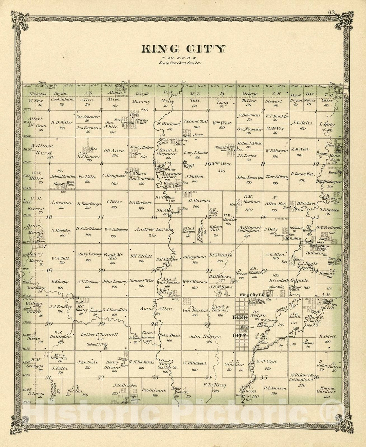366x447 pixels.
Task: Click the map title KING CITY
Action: pyautogui.click(x=183, y=49)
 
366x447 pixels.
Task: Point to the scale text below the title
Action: pyautogui.click(x=183, y=63)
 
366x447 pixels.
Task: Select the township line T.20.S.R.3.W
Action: pyautogui.click(x=183, y=58)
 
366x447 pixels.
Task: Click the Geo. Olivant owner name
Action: pyautogui.click(x=154, y=390)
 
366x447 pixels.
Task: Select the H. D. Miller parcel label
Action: pyautogui.click(x=62, y=122)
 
